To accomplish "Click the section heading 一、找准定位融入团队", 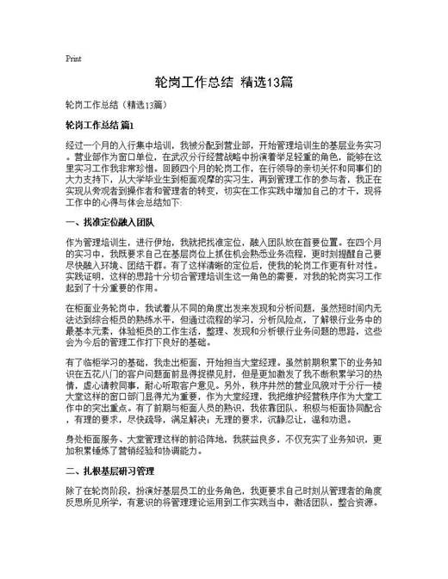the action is coord(109,222).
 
